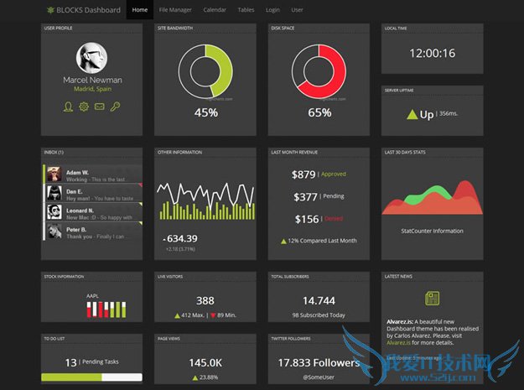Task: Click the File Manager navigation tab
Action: [x=175, y=10]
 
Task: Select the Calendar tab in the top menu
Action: [x=215, y=10]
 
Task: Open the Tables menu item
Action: [x=246, y=10]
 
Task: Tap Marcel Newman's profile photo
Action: [x=92, y=58]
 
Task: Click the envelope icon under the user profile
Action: [x=99, y=107]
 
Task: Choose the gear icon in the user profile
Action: [x=83, y=107]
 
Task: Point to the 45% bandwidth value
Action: [x=206, y=112]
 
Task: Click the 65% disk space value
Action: [x=319, y=112]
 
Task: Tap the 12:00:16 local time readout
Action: [x=432, y=53]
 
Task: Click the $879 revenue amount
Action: [x=304, y=174]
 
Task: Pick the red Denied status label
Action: [x=334, y=219]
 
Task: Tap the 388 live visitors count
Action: [x=205, y=300]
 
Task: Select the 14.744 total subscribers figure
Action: [x=319, y=300]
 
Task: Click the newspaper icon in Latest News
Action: [x=433, y=298]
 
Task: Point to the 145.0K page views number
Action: [x=205, y=362]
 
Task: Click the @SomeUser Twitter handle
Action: [x=319, y=377]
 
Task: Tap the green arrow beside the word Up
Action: [x=412, y=114]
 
